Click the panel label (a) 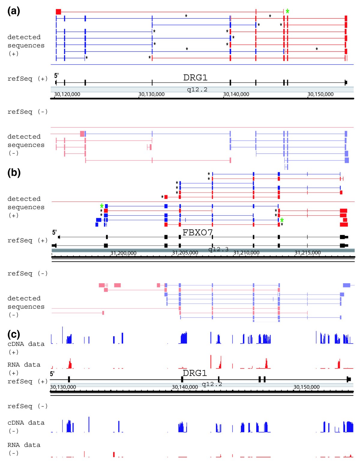[14, 11]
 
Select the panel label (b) [14, 173]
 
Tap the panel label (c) [14, 334]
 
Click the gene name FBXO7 [197, 232]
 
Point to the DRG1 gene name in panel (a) [195, 78]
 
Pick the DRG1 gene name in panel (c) [195, 373]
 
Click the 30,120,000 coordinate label [67, 94]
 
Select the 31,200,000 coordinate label [123, 253]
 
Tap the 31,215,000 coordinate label [307, 253]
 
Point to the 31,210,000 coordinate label [246, 253]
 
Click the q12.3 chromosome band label [218, 249]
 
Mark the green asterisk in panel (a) [287, 11]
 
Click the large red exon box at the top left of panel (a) [58, 12]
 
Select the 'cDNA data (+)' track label [26, 348]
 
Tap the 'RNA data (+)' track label [24, 369]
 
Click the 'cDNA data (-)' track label [26, 427]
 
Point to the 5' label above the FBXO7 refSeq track [54, 232]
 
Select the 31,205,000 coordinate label [185, 253]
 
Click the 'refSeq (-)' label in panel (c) [27, 406]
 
